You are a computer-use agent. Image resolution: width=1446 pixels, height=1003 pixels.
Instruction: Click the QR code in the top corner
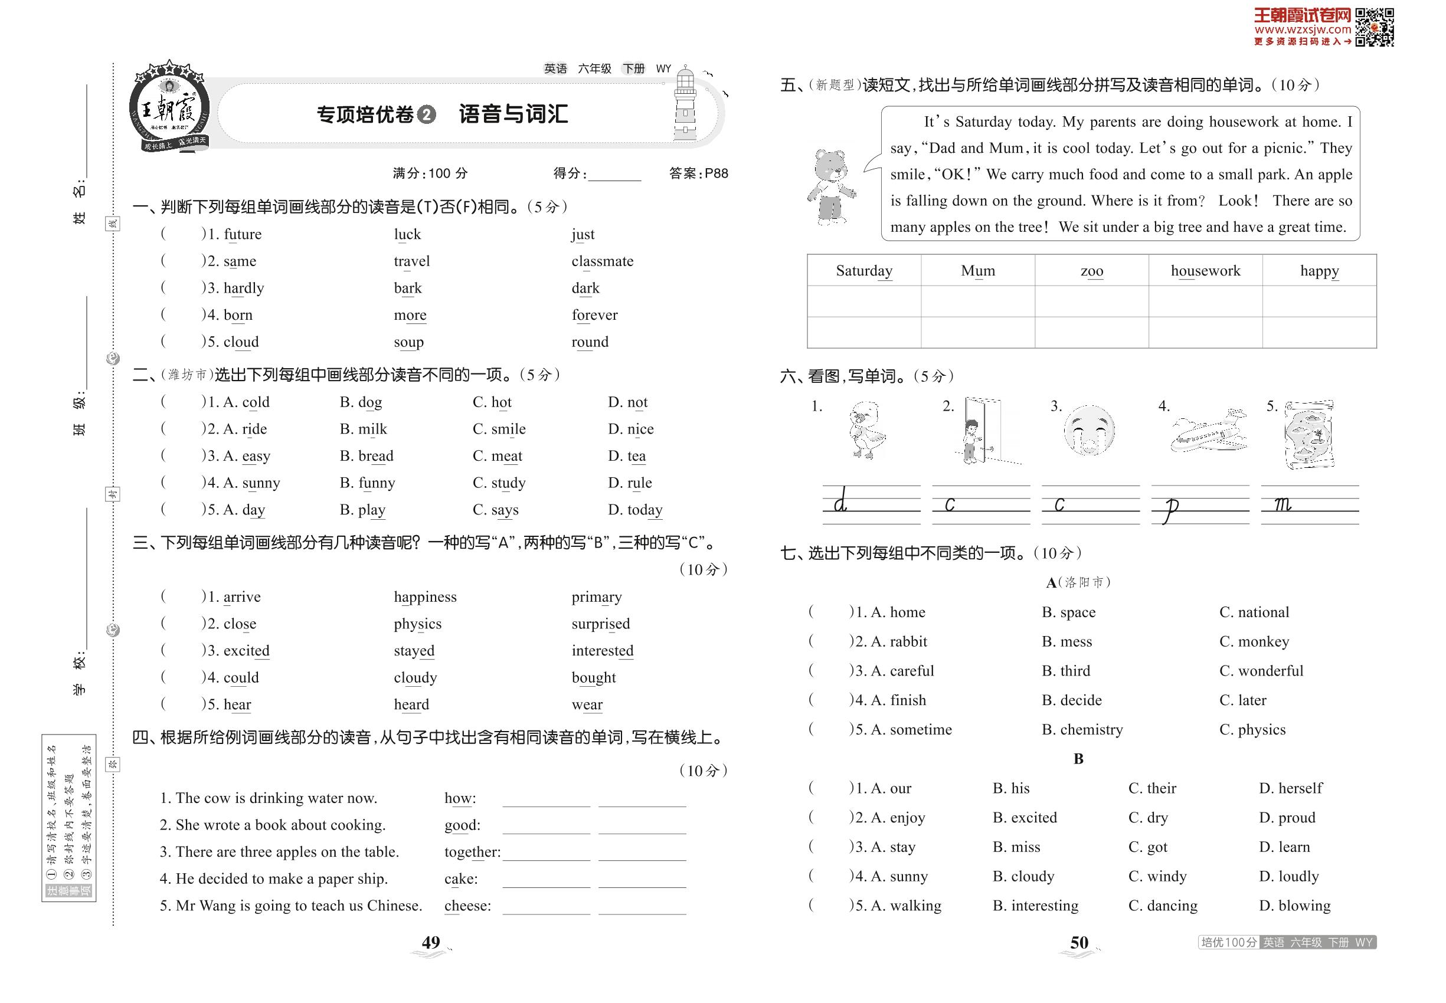(x=1375, y=27)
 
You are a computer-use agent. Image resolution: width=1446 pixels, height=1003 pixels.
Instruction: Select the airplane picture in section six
(x=1208, y=432)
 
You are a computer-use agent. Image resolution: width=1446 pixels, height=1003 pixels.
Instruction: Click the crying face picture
(x=1089, y=431)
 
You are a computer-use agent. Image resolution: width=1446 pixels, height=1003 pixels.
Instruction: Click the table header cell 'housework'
(x=1205, y=271)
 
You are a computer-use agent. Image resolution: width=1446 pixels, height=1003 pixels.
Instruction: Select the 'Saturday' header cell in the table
(x=864, y=271)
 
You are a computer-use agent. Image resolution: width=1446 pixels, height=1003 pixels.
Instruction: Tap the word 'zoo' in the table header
(x=1092, y=271)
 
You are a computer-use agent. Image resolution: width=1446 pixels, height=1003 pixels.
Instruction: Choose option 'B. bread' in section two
(x=367, y=455)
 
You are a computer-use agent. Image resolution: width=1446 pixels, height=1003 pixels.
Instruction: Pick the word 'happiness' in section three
(x=425, y=596)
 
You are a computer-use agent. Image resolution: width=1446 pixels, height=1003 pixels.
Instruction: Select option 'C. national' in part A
(x=1254, y=612)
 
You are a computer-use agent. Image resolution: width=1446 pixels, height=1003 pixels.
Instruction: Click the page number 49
(x=431, y=943)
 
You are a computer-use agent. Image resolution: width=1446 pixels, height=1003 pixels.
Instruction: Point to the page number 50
(x=1079, y=943)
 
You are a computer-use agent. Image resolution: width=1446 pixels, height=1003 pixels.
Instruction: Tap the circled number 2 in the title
(x=426, y=115)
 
